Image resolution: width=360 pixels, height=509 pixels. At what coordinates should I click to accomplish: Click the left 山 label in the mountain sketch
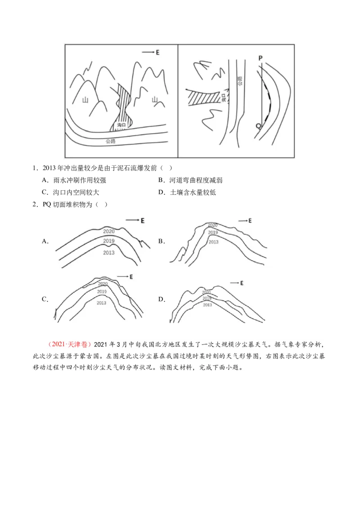coord(85,100)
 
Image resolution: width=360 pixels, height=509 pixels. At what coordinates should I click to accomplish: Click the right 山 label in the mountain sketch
coord(155,99)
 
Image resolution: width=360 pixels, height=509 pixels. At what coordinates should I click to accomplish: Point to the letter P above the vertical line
coord(261,58)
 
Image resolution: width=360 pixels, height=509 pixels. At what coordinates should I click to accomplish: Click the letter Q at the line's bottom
coord(258,126)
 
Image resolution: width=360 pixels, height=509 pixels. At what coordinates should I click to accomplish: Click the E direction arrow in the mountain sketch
coord(151,53)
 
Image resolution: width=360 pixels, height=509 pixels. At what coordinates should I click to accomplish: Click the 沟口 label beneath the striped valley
coord(120,125)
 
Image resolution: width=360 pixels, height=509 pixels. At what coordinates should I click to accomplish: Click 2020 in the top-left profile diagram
coord(109,231)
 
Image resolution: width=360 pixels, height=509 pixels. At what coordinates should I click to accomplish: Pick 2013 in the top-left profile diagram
coord(109,252)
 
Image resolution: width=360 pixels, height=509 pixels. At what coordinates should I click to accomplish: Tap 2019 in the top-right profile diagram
coord(213,232)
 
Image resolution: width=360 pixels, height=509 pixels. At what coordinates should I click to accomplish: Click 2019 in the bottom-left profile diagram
coord(102,292)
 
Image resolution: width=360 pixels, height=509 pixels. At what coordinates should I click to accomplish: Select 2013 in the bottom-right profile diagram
coord(207,305)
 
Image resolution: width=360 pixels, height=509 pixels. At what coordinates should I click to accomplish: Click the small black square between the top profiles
coord(160,241)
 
